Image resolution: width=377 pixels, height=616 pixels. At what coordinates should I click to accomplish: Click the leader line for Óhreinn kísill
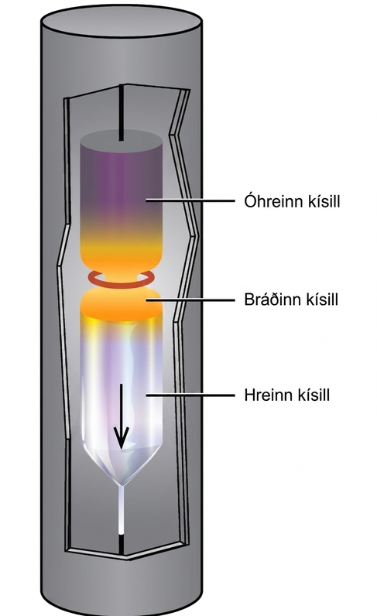tap(190, 200)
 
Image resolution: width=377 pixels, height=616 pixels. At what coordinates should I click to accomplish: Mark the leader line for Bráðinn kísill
tap(190, 299)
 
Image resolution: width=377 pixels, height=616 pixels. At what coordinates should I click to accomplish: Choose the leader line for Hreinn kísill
tap(190, 395)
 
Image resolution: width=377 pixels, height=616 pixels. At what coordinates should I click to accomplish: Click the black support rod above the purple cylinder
tap(122, 113)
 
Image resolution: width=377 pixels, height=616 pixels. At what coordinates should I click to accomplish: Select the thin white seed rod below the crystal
tap(122, 510)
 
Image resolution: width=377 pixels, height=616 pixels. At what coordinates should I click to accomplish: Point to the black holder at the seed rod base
tap(122, 545)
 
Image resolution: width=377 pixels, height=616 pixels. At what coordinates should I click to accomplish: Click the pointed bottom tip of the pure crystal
tap(122, 485)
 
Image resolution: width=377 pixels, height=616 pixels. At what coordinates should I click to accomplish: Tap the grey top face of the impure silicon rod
tap(121, 140)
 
